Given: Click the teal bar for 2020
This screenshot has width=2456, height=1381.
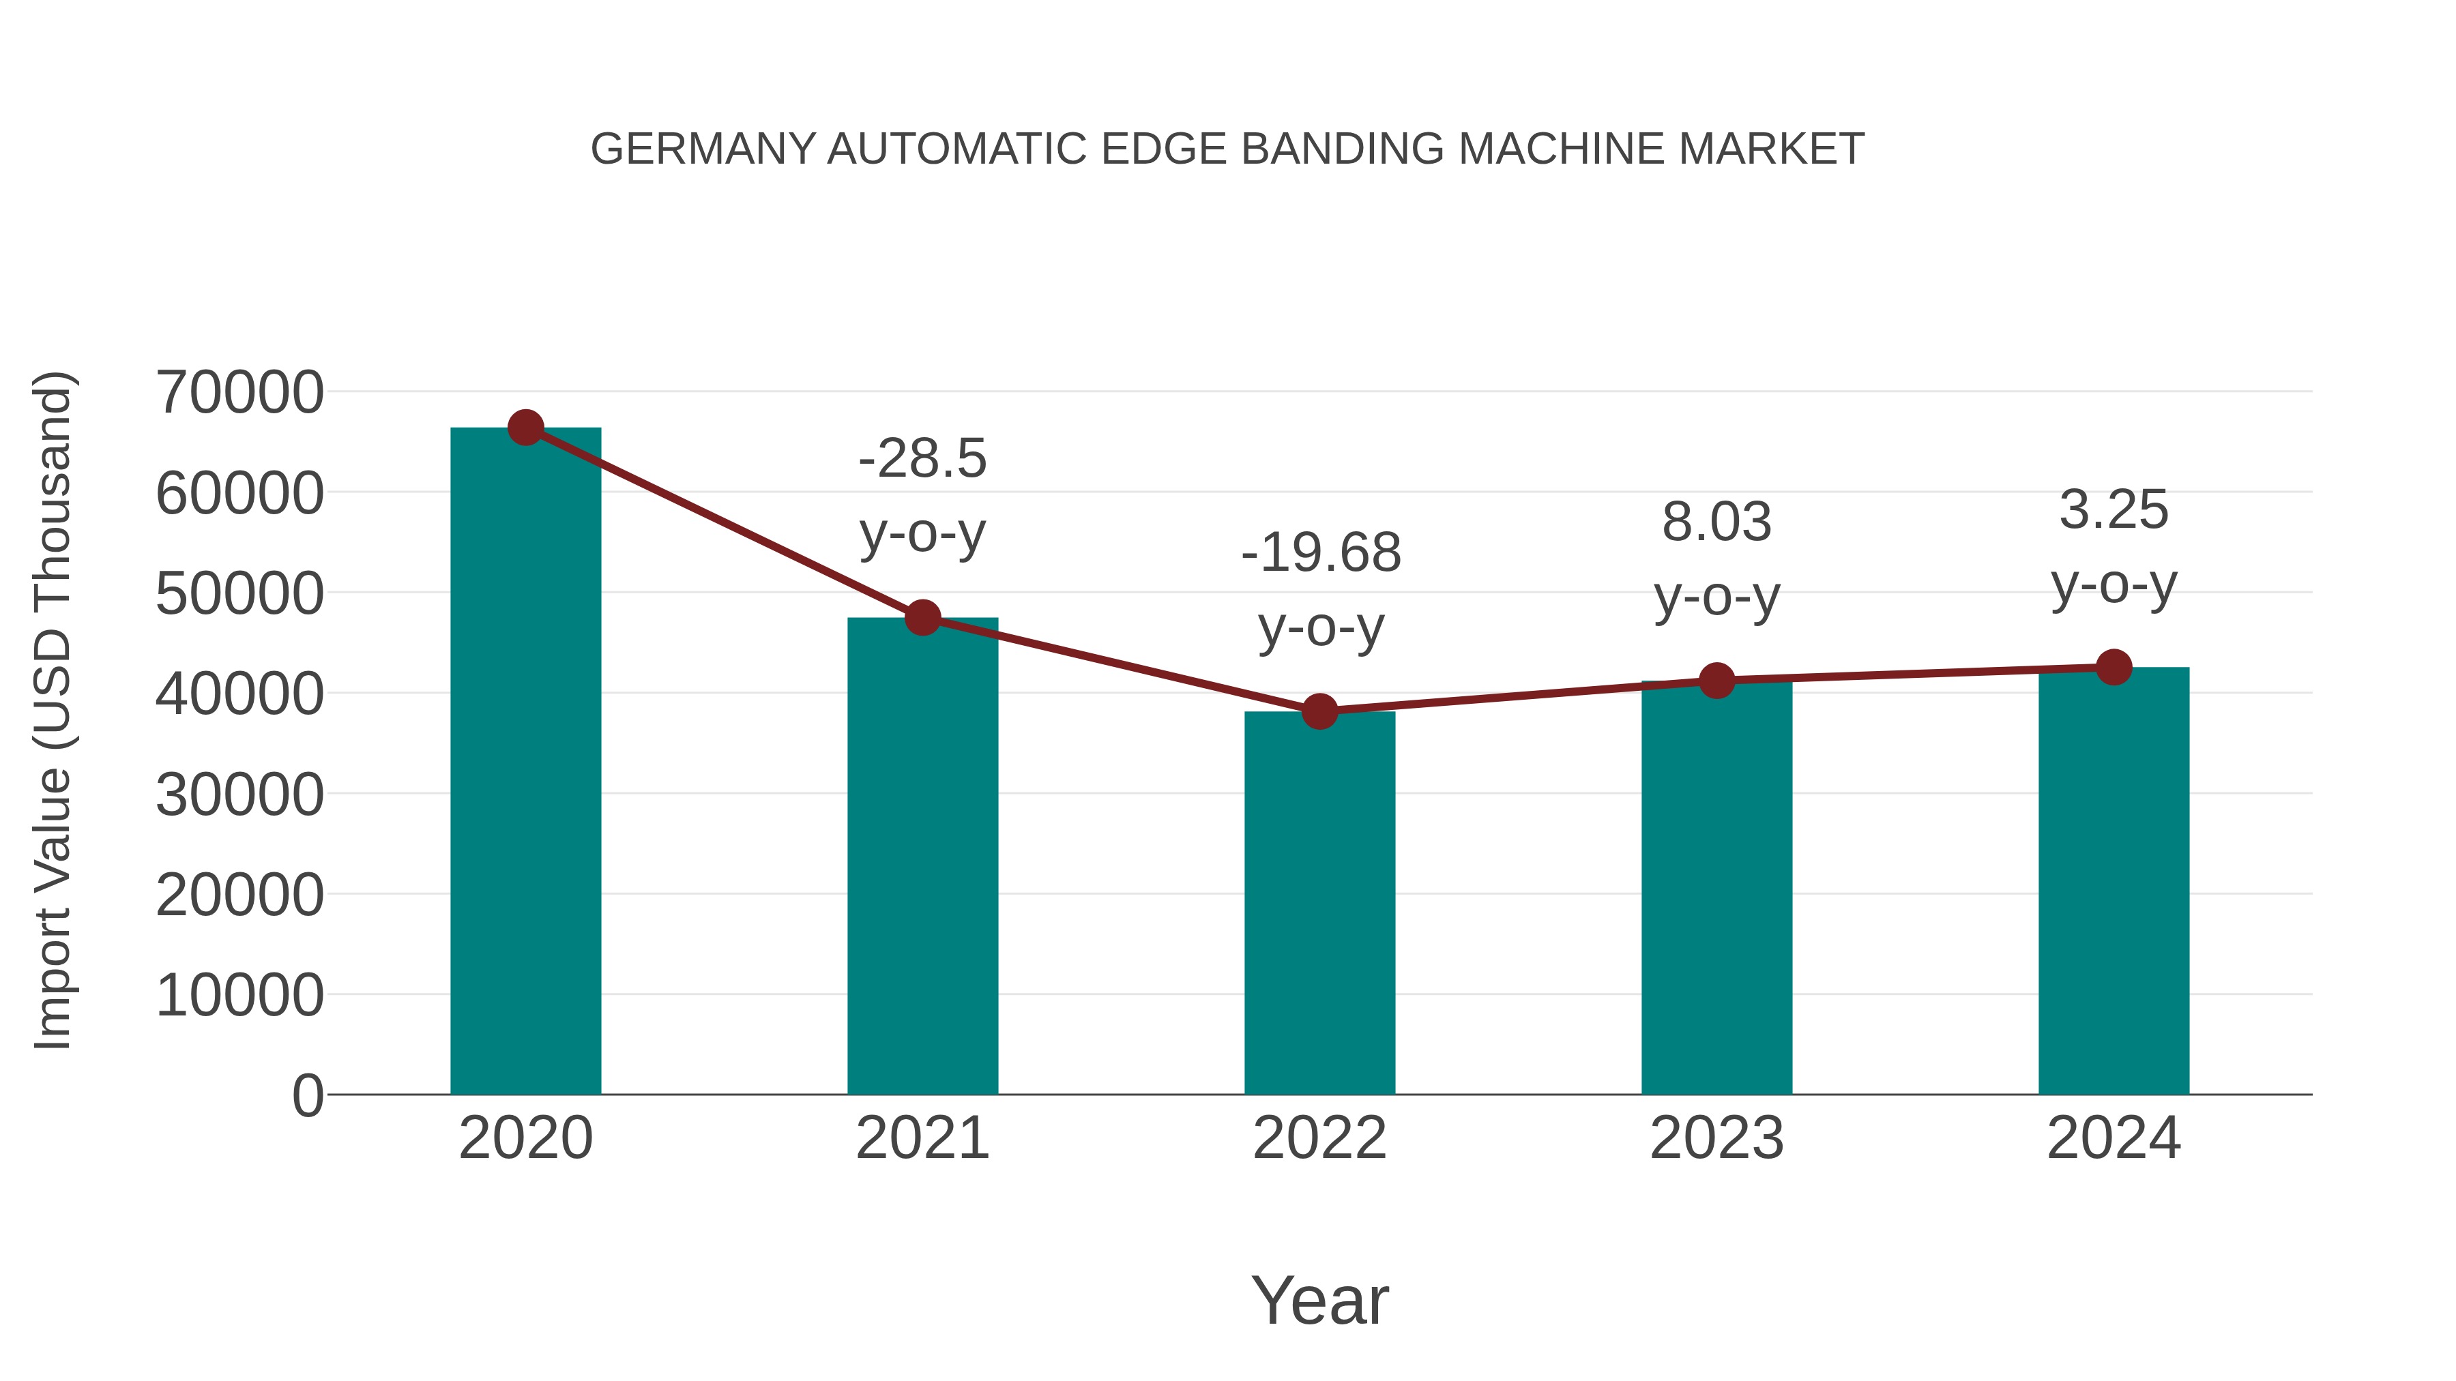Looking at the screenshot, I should click(525, 762).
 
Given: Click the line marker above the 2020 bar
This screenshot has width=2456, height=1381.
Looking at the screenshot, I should click(525, 428).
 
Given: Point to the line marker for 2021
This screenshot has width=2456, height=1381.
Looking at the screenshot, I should click(922, 618).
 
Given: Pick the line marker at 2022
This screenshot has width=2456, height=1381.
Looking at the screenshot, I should click(1319, 711).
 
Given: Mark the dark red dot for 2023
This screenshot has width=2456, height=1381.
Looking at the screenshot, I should click(1716, 681).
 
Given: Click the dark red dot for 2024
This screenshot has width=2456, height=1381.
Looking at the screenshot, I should click(2114, 667).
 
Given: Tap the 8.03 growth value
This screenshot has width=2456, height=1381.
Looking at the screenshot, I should click(1716, 522).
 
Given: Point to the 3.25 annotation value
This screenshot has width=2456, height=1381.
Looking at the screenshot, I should click(2114, 510).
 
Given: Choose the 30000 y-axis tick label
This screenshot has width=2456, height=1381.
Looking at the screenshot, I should click(239, 794).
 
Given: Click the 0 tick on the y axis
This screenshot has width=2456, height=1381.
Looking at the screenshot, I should click(307, 1095).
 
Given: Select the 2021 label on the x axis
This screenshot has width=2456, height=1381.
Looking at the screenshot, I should click(922, 1138).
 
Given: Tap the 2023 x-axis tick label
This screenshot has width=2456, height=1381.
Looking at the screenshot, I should click(1716, 1138).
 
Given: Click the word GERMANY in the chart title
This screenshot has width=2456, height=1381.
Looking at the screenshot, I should click(703, 149).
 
